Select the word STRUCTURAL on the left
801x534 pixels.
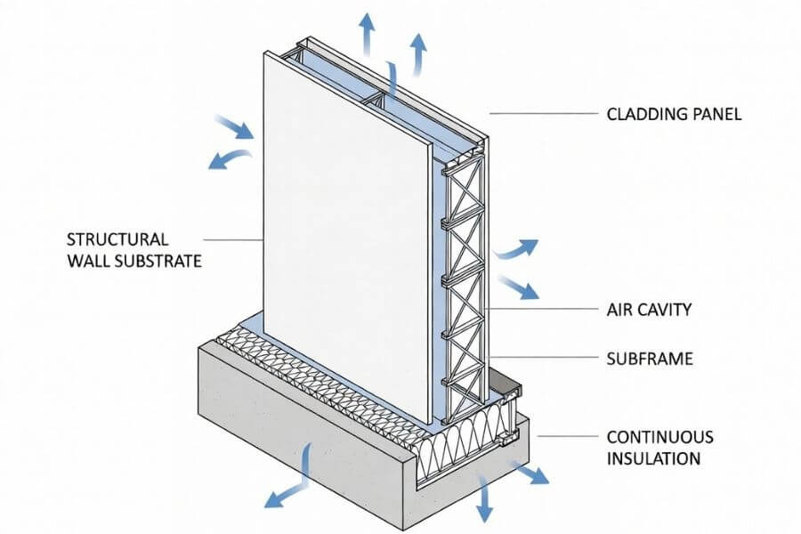point(117,239)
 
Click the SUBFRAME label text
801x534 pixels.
point(650,360)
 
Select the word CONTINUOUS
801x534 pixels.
point(659,437)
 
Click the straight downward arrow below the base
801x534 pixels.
point(485,498)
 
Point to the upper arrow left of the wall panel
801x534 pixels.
point(236,129)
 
